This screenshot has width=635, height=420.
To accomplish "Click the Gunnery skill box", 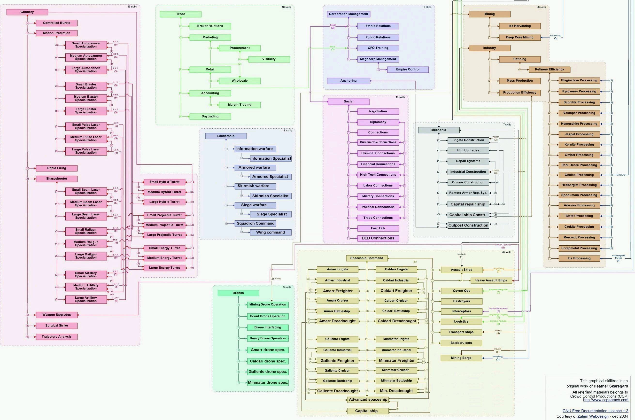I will click(27, 12).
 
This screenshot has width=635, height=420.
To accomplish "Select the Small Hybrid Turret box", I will click(164, 182).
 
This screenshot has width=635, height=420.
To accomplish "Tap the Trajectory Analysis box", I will click(56, 337).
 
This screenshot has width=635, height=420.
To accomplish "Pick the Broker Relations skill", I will click(210, 26).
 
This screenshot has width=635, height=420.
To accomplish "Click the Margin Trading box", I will click(240, 105).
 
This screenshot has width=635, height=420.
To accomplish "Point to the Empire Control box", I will click(408, 69).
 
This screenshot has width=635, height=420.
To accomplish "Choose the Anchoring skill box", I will click(348, 81).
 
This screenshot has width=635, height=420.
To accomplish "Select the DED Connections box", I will click(378, 238).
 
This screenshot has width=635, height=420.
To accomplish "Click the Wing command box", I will click(270, 232).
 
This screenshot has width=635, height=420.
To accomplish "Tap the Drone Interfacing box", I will click(268, 327).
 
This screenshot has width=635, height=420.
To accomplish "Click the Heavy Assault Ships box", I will click(491, 280).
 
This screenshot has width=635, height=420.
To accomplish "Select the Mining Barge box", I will click(461, 358).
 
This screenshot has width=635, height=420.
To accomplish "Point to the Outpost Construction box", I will click(468, 225).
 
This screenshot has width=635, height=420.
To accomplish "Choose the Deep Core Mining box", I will click(519, 38).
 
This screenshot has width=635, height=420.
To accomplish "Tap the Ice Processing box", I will click(579, 258).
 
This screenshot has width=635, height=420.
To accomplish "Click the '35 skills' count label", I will click(132, 7).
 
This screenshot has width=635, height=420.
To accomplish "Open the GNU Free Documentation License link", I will click(595, 411).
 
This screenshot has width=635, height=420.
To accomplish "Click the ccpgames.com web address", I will click(605, 400).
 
